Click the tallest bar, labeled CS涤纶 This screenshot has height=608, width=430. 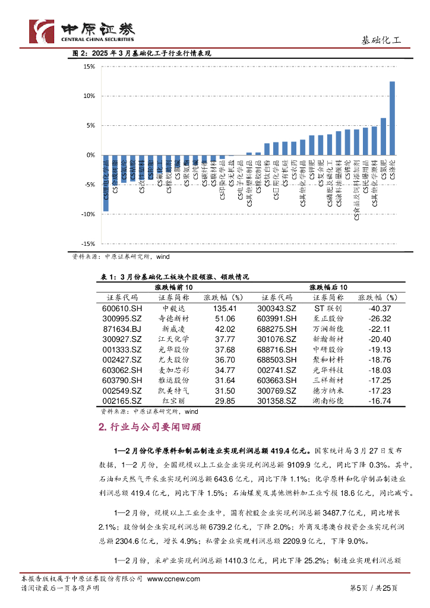click(x=392, y=118)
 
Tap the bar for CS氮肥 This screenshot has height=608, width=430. click(x=383, y=137)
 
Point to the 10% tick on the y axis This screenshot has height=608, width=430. click(x=88, y=96)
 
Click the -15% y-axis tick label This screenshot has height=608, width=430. click(x=87, y=244)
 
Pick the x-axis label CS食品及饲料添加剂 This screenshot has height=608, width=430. click(x=356, y=189)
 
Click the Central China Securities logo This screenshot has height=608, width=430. click(x=82, y=31)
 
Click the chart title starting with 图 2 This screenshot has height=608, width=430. click(x=142, y=53)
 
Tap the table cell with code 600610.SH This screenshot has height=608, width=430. click(x=122, y=309)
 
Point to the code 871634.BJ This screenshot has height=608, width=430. click(x=122, y=329)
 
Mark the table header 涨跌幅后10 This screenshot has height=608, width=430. click(x=328, y=287)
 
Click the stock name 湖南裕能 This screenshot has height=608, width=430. click(x=328, y=401)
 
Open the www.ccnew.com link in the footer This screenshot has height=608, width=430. click(x=173, y=579)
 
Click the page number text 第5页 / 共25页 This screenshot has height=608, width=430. click(x=372, y=588)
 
